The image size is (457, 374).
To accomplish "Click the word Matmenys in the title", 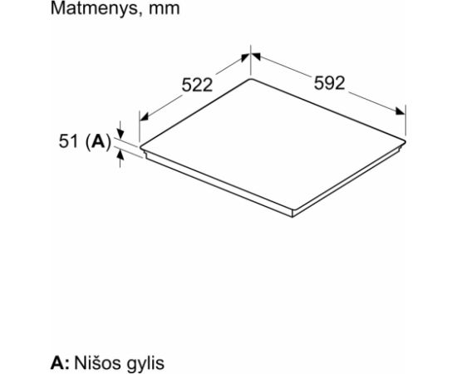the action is [94, 9].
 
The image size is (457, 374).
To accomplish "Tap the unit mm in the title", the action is [165, 10].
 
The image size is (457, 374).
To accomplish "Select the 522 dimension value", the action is [197, 86].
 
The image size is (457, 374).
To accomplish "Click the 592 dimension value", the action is [330, 83].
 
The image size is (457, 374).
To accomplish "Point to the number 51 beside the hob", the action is [68, 141].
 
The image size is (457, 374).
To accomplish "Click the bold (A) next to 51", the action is [99, 142].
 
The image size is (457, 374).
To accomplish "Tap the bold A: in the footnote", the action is [60, 363].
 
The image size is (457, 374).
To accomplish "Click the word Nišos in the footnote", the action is [99, 363].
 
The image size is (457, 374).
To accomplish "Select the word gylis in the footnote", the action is [146, 364].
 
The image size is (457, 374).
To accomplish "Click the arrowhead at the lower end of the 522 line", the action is [145, 116].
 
